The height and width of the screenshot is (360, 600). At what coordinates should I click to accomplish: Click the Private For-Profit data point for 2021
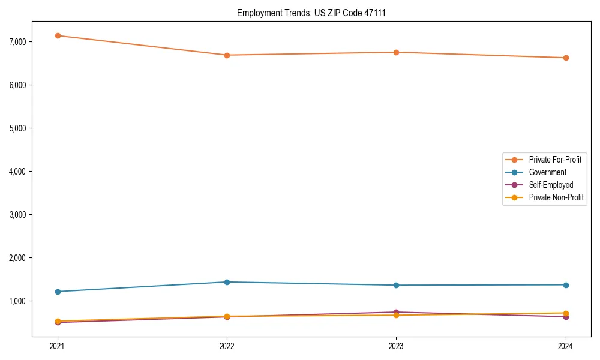pos(58,35)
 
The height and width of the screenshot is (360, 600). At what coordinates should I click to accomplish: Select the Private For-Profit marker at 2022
pos(227,55)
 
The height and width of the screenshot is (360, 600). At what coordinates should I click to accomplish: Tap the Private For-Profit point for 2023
pos(397,52)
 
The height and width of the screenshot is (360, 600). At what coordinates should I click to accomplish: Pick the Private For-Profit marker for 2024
pos(566,58)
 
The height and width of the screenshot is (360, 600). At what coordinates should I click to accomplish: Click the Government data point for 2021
pos(58,292)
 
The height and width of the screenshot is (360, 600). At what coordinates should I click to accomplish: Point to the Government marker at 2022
pos(227,282)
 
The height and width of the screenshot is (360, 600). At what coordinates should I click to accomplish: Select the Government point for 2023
pos(397,285)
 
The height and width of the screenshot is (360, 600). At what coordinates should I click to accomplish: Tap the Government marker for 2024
pos(566,284)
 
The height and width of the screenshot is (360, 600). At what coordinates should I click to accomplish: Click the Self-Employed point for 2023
pos(397,312)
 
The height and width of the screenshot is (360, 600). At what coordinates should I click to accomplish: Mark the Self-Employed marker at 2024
pos(566,317)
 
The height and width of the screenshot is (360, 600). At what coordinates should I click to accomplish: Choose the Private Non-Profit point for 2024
pos(566,313)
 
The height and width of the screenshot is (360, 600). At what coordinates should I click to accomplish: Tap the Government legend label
pos(547,172)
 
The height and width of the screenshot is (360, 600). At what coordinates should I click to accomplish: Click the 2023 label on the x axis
pos(397,346)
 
